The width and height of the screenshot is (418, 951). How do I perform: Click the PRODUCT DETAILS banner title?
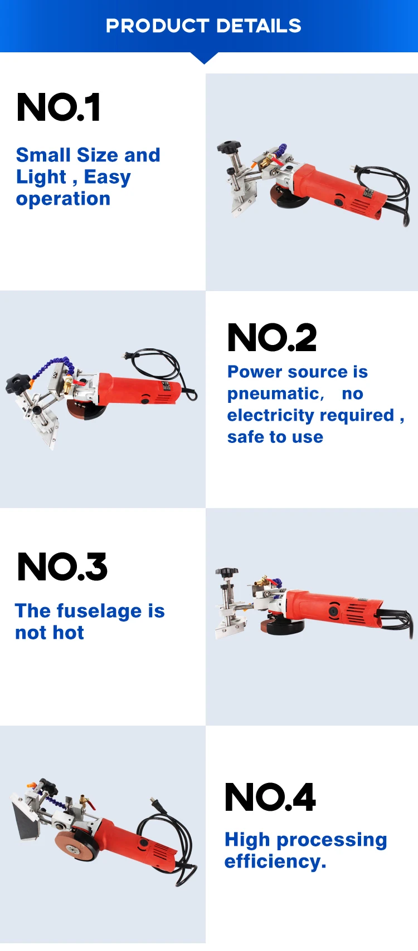203,26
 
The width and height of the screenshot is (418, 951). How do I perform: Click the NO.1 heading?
59,107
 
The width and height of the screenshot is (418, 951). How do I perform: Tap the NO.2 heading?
272,337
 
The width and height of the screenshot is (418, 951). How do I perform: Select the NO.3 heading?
62,566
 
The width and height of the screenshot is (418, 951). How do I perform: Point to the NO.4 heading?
270,797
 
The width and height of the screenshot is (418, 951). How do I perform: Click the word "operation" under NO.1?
63,199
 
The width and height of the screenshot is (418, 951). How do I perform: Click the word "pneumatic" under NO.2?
274,394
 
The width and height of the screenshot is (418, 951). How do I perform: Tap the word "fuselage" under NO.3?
99,611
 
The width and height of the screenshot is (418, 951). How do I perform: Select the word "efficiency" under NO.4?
273,861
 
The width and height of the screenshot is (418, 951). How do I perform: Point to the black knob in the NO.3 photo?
227,572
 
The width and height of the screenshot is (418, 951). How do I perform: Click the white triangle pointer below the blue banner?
204,58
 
